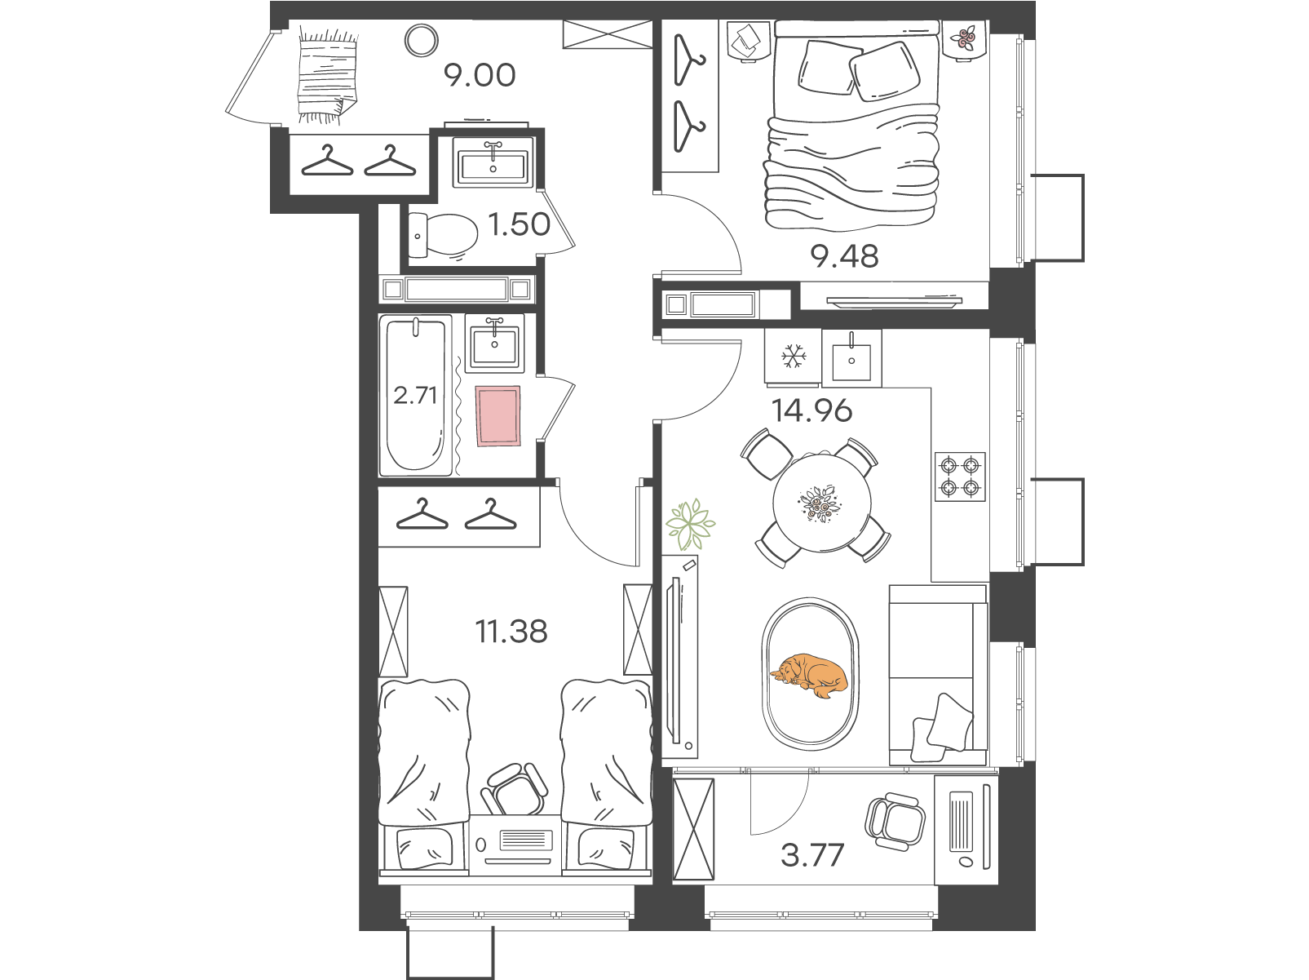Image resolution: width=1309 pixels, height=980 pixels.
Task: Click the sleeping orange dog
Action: (809, 676)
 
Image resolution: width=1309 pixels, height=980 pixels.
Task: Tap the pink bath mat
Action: (498, 415)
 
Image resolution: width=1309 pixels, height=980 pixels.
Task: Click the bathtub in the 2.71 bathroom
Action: (416, 396)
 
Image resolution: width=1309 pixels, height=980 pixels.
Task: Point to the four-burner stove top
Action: (960, 477)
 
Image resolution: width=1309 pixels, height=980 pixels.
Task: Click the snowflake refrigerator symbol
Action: (794, 356)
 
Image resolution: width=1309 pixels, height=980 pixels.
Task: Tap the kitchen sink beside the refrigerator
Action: (851, 357)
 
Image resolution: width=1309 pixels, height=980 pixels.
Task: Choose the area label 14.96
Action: (811, 411)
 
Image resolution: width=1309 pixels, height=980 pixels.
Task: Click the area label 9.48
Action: (844, 256)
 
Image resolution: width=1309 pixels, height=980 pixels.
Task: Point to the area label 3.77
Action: (812, 854)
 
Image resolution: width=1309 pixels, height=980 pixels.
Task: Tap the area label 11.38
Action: (511, 631)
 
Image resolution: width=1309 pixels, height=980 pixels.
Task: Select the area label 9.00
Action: (480, 75)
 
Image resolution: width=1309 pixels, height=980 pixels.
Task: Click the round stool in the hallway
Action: (422, 41)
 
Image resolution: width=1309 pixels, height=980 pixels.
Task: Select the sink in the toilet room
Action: (493, 162)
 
